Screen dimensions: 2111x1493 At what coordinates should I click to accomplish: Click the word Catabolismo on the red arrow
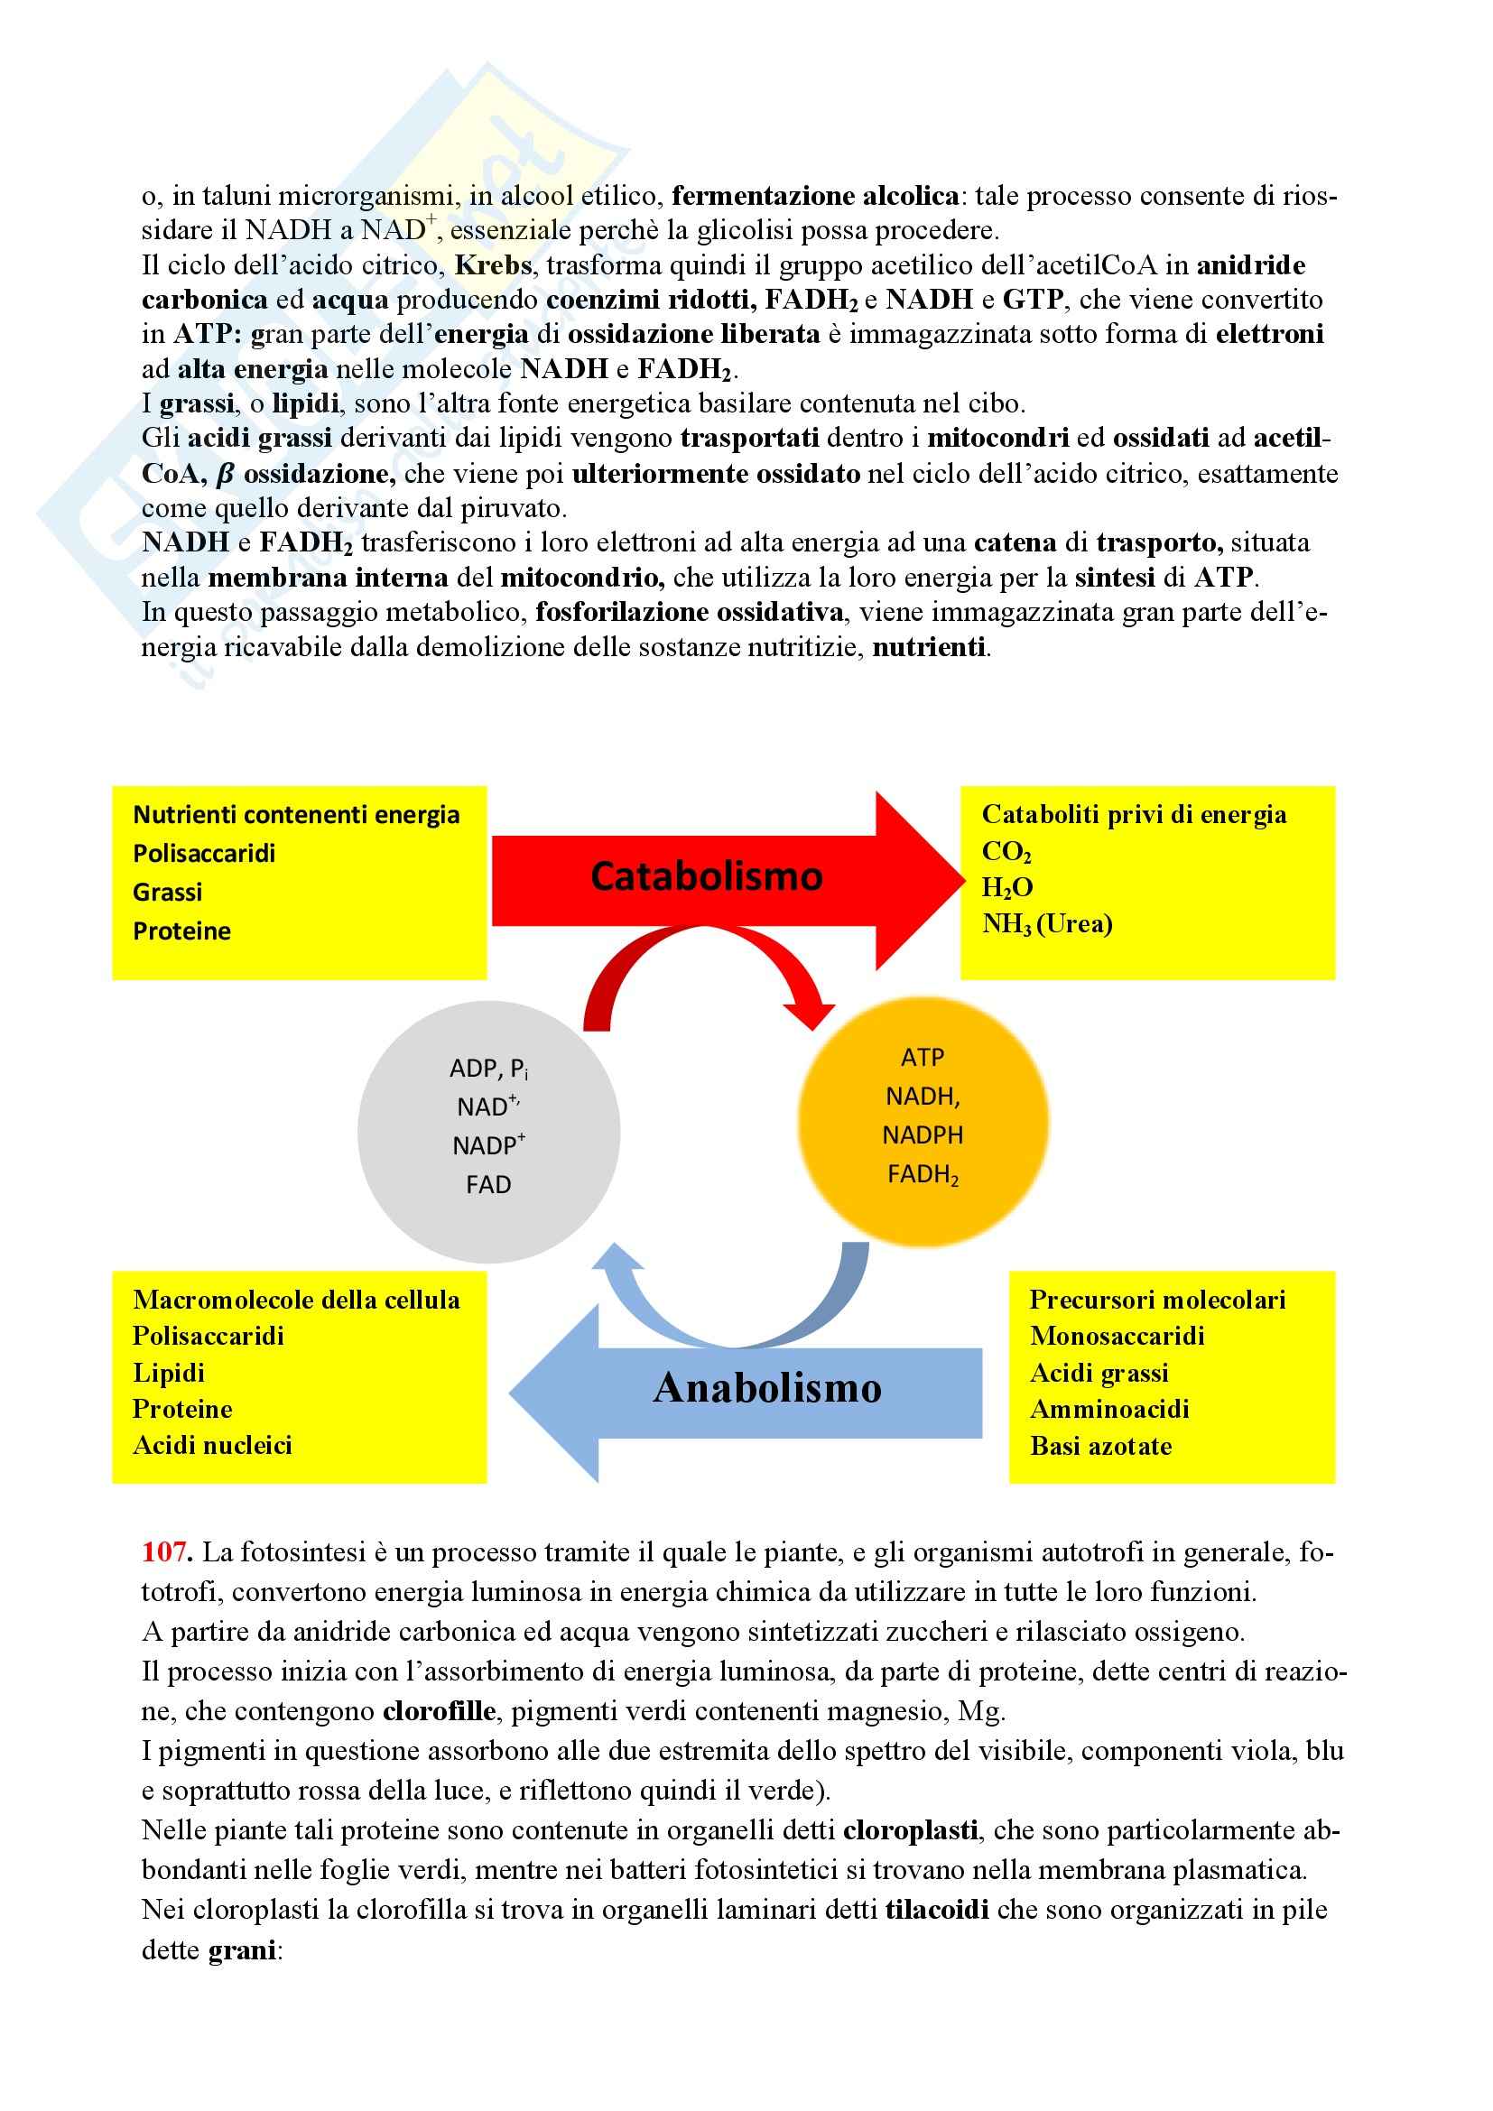coord(706,876)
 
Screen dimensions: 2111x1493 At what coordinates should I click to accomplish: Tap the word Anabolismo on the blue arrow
coord(766,1387)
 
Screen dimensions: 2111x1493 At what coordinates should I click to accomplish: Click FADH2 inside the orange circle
coord(923,1175)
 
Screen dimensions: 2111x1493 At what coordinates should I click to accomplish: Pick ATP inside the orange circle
coord(923,1058)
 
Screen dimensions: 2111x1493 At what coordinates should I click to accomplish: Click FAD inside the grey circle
coord(488,1184)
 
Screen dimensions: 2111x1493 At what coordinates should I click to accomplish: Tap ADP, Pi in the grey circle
coord(488,1069)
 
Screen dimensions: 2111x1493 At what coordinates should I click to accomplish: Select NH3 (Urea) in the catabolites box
coord(1047,924)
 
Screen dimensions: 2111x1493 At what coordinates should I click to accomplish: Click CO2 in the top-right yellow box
coord(1006,852)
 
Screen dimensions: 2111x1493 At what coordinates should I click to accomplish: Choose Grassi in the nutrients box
coord(167,892)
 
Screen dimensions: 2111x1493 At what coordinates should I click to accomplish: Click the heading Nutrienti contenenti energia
coord(296,815)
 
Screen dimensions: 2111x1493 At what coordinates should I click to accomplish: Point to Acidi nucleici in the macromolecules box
coord(212,1445)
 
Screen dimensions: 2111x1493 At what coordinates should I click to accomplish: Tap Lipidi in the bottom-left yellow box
coord(169,1373)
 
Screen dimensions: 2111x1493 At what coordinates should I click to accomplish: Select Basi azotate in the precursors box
coord(1100,1446)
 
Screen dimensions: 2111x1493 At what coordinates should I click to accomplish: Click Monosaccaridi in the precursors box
coord(1117,1336)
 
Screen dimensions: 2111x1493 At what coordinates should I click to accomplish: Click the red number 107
coord(165,1553)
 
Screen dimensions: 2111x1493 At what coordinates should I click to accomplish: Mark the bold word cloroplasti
coord(909,1830)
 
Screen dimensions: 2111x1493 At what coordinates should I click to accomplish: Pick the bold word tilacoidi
coord(937,1910)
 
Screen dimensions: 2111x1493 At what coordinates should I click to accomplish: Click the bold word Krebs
coord(493,265)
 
